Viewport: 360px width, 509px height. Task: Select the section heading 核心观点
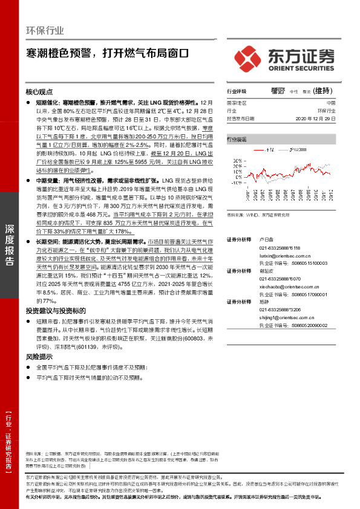point(39,91)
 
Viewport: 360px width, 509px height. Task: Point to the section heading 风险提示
point(39,357)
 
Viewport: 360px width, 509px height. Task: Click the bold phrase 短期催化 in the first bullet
point(48,103)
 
